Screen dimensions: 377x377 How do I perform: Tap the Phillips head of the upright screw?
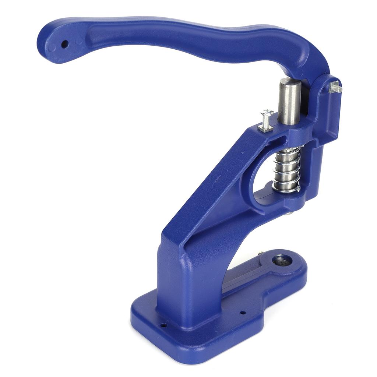(267, 112)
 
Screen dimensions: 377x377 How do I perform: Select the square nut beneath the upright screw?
(265, 128)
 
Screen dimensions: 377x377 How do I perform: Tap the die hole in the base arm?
(282, 261)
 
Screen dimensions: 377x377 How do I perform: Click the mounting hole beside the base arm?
(243, 313)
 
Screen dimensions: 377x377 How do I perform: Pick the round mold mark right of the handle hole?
(78, 41)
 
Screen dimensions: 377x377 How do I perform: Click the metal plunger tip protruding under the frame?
(289, 213)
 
